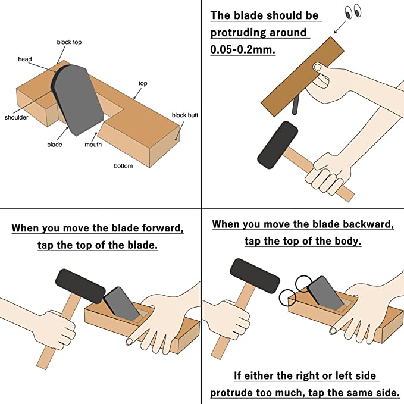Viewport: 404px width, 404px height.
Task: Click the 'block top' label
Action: click(69, 42)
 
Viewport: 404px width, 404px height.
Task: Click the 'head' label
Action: click(25, 59)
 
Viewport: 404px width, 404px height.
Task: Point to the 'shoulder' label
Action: click(17, 117)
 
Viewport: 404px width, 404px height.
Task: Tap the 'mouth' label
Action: click(93, 145)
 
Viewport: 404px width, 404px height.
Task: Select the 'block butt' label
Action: click(184, 115)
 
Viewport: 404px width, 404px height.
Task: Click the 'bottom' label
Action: click(123, 166)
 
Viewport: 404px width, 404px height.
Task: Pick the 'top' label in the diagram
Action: click(143, 83)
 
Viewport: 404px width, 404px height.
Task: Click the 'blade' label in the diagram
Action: click(54, 145)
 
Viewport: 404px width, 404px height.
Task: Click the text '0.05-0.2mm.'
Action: click(243, 49)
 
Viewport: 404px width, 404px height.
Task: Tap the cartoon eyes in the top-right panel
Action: click(353, 11)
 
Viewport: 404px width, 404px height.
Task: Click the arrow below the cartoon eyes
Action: click(340, 27)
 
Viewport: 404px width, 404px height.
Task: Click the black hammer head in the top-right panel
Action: click(277, 145)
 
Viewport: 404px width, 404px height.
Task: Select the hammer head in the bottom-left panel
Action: click(80, 286)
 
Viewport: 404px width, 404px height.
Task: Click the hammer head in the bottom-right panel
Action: click(255, 276)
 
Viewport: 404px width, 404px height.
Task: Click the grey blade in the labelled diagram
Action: click(77, 100)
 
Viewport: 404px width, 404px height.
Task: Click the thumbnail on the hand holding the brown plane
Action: click(318, 68)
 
